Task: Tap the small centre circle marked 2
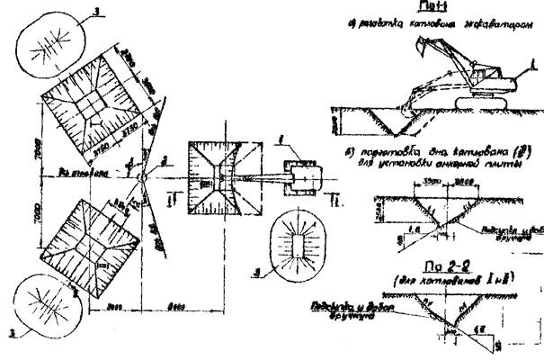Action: pos(141,176)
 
